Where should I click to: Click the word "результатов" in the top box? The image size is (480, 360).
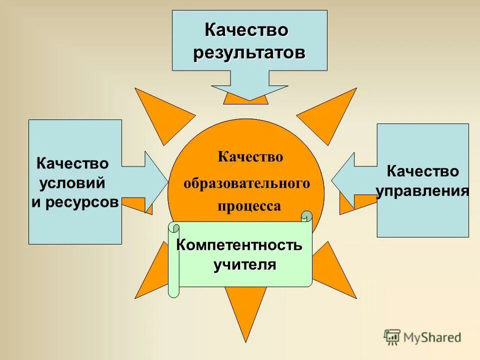249,52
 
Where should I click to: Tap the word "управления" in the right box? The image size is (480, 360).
422,190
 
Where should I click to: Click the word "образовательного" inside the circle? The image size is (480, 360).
246,183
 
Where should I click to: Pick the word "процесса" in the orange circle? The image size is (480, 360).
249,205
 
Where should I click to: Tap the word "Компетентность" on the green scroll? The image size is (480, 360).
239,245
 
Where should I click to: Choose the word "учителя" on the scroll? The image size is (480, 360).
245,264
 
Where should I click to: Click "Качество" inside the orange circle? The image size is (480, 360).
250,157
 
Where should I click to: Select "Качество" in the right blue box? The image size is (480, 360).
423,171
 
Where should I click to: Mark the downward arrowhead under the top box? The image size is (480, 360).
249,92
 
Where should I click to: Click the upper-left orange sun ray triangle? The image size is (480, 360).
162,112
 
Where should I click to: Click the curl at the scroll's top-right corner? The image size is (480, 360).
307,216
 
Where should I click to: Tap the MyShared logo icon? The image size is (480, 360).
392,337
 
